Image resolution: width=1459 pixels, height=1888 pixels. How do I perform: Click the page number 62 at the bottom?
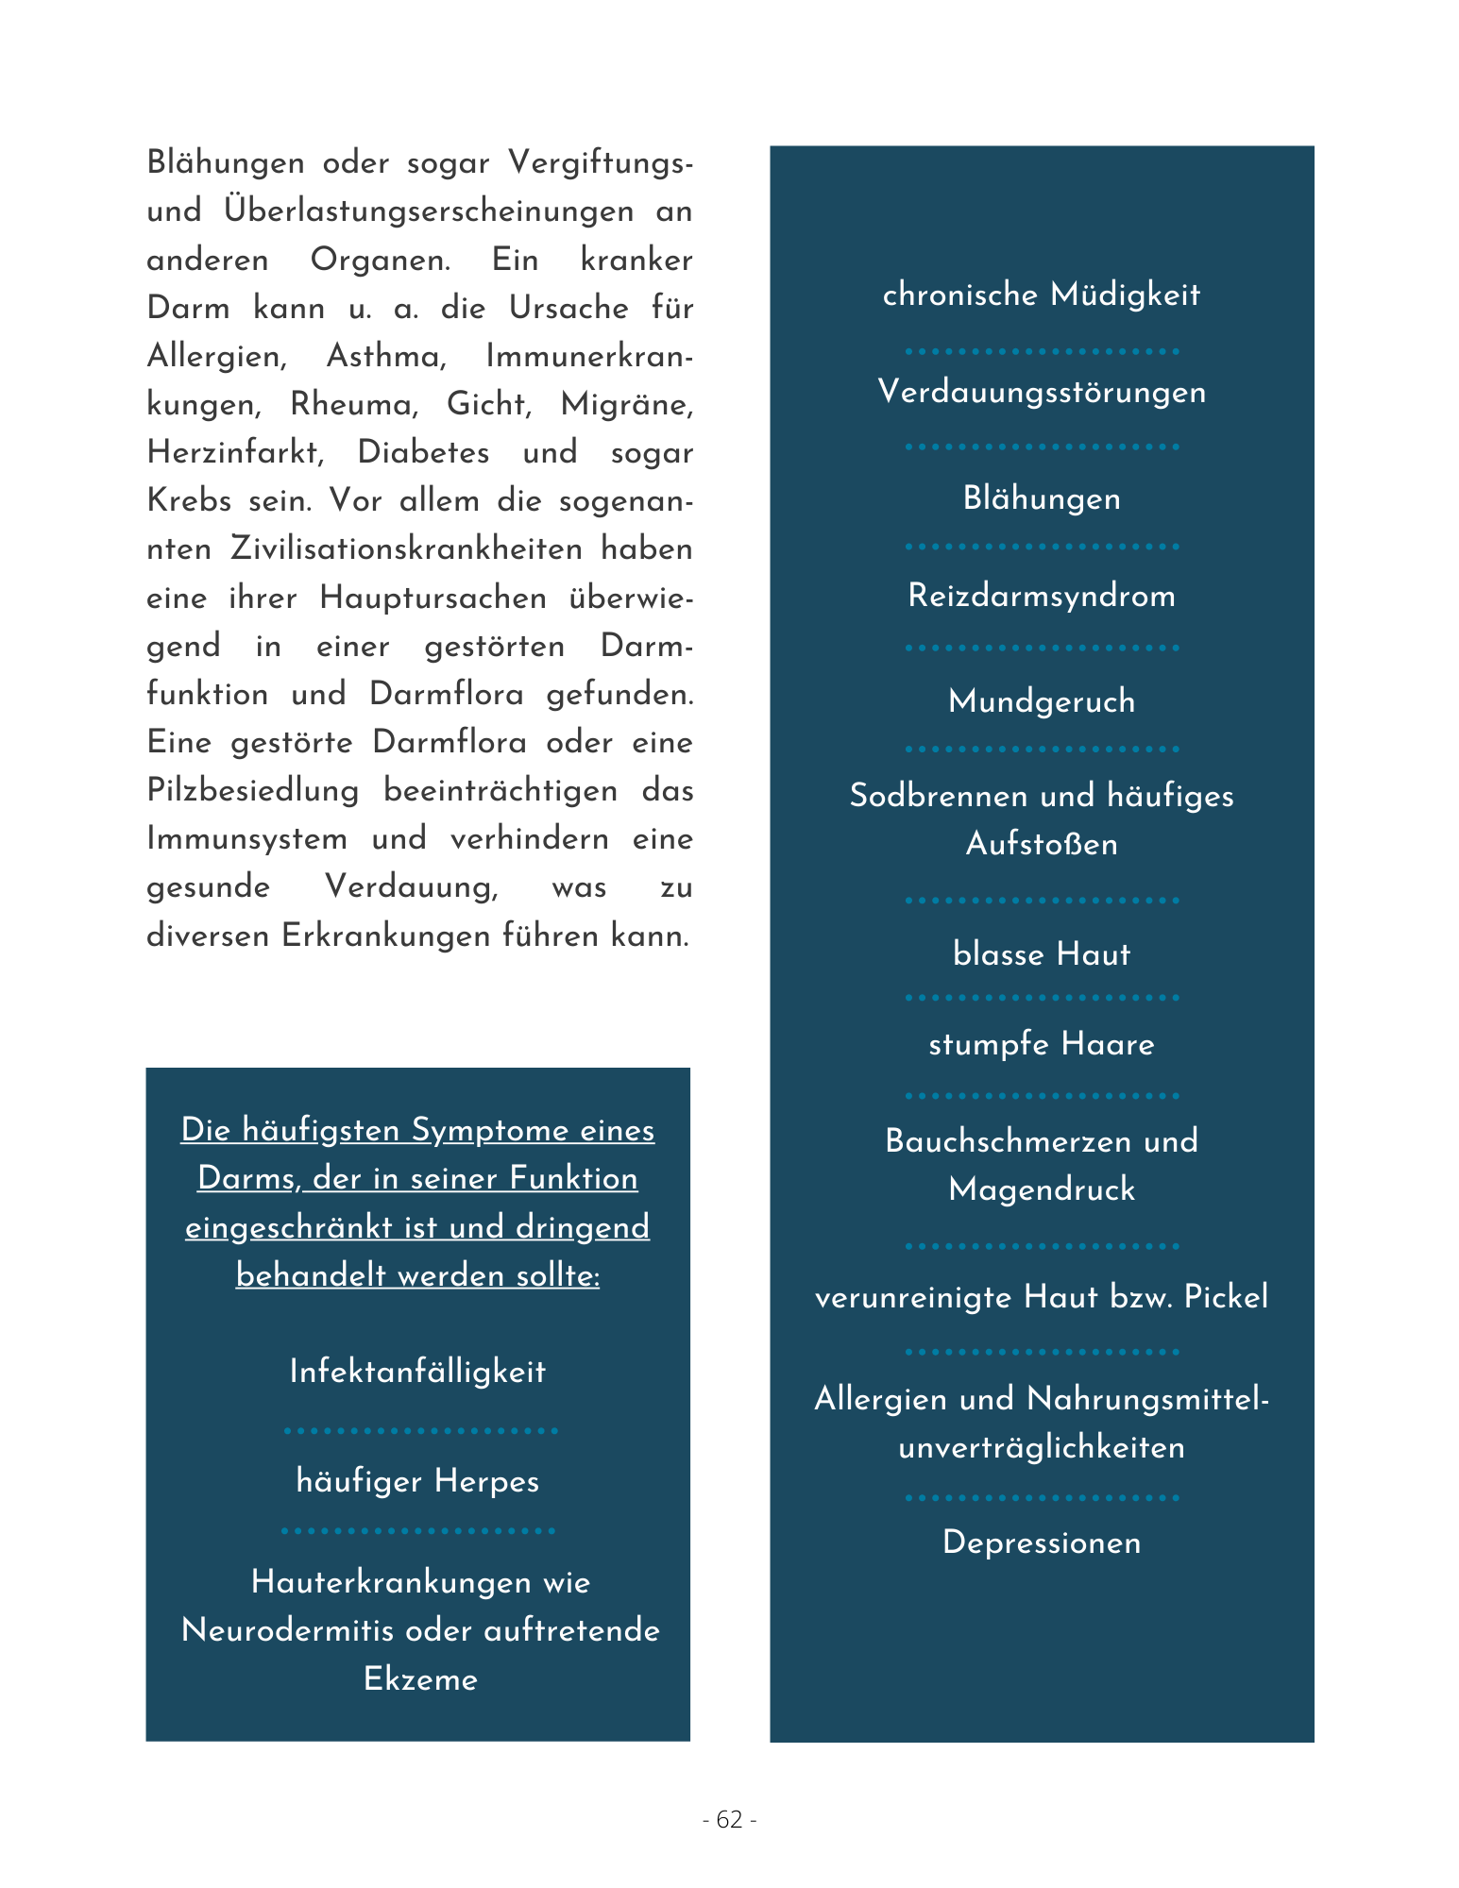pyautogui.click(x=729, y=1819)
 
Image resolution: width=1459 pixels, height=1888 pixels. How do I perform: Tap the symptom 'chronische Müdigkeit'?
pyautogui.click(x=1041, y=295)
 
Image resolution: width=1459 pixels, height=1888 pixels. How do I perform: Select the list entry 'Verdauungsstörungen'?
pyautogui.click(x=1041, y=392)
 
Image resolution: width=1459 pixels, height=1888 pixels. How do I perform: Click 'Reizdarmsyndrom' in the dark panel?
pyautogui.click(x=1041, y=596)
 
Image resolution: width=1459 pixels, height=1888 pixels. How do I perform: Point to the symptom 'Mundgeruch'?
pyautogui.click(x=1041, y=701)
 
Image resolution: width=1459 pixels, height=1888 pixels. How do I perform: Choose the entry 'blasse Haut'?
pyautogui.click(x=1041, y=953)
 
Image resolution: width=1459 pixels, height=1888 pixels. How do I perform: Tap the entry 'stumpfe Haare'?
pyautogui.click(x=1041, y=1044)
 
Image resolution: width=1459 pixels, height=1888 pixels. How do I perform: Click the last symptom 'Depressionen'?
pyautogui.click(x=1041, y=1542)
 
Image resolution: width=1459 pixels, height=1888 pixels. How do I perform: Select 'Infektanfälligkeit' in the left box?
pyautogui.click(x=417, y=1372)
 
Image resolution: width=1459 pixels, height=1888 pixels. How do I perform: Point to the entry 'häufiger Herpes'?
pyautogui.click(x=417, y=1481)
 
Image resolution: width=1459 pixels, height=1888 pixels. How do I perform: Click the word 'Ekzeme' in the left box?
pyautogui.click(x=420, y=1679)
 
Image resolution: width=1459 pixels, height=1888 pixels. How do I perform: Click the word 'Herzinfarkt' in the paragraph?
pyautogui.click(x=235, y=453)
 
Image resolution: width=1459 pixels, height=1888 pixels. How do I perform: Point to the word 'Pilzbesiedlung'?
pyautogui.click(x=252, y=790)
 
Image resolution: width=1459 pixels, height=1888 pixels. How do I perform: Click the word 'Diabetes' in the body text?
pyautogui.click(x=423, y=453)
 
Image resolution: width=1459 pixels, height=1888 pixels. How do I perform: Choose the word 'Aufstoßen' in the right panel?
pyautogui.click(x=1041, y=844)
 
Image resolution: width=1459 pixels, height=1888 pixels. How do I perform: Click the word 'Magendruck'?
pyautogui.click(x=1041, y=1189)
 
